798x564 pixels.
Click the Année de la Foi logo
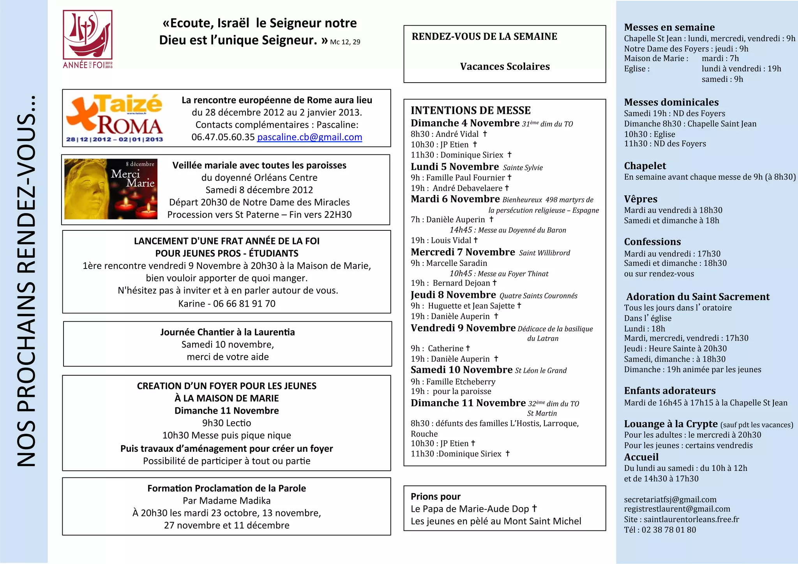[x=88, y=39]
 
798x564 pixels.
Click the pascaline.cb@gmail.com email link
[x=309, y=137]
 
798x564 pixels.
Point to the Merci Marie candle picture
[x=111, y=189]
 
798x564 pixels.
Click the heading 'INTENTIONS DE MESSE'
[x=470, y=110]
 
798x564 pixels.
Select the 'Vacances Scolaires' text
[x=505, y=67]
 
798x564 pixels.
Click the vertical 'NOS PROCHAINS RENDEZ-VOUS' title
[x=26, y=281]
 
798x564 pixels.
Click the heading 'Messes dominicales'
[x=671, y=102]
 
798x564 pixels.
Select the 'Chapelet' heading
[x=645, y=166]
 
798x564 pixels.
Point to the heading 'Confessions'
[x=652, y=242]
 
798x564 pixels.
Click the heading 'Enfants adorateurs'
[x=669, y=391]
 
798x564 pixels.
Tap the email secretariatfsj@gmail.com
[x=670, y=499]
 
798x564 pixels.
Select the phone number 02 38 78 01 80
[x=668, y=530]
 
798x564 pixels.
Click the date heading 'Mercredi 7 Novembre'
[x=463, y=252]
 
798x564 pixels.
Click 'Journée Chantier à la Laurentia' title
[x=227, y=332]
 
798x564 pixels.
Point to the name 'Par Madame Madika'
[x=226, y=500]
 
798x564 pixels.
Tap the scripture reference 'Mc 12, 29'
[x=345, y=42]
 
